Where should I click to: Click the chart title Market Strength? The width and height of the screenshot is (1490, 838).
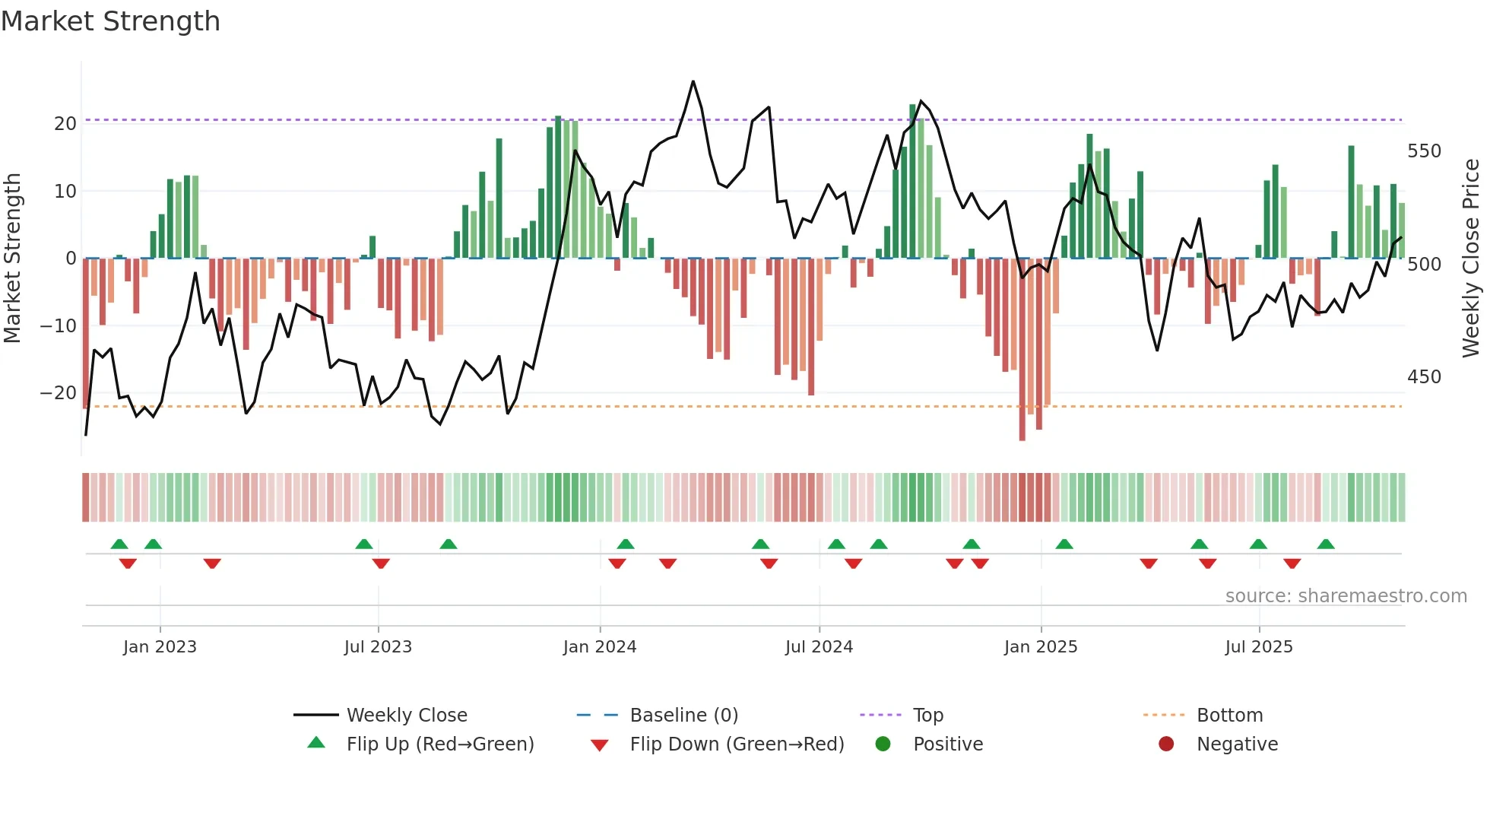pos(110,21)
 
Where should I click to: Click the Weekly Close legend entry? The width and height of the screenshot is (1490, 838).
pos(406,715)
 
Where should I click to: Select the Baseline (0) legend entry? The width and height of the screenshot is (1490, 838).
pos(683,715)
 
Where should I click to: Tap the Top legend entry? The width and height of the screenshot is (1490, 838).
pos(927,715)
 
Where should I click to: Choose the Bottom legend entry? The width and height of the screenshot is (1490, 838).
pos(1229,715)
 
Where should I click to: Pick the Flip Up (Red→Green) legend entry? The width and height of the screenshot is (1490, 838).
pos(439,744)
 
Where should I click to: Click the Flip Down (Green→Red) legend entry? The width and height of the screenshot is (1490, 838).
pos(736,744)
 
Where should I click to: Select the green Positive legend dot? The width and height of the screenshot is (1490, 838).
pos(883,744)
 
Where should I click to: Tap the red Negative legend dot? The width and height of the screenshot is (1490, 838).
pos(1166,744)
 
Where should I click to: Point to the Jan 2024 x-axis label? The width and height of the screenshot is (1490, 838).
pos(599,646)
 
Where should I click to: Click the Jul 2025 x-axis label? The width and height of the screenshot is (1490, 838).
pos(1258,646)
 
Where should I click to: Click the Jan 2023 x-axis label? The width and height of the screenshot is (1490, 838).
pos(160,646)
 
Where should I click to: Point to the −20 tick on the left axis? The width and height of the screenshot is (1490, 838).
pos(59,393)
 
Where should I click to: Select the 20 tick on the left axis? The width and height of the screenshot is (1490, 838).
pos(65,124)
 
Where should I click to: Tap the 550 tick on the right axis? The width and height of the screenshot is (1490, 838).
pos(1424,151)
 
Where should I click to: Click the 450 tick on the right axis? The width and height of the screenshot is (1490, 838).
pos(1424,377)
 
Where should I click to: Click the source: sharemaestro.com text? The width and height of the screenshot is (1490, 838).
pos(1346,595)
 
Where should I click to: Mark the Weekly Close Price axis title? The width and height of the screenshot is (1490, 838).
pos(1471,259)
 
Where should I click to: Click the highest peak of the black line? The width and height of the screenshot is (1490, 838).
pos(693,81)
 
